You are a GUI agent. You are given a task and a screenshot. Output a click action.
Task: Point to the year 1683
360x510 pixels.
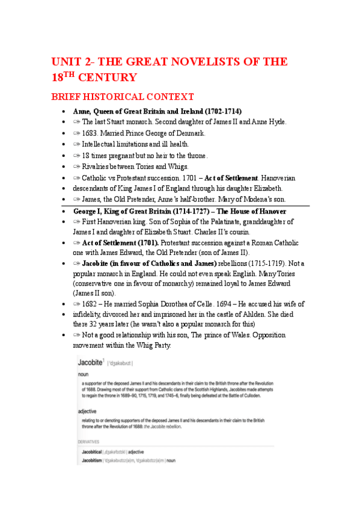click(x=93, y=133)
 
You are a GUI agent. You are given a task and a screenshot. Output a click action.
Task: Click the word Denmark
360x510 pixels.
click(x=191, y=133)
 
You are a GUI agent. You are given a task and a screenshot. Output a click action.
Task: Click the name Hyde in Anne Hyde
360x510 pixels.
click(x=276, y=122)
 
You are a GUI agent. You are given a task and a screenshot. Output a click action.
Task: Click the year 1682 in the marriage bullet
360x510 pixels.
click(x=93, y=304)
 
